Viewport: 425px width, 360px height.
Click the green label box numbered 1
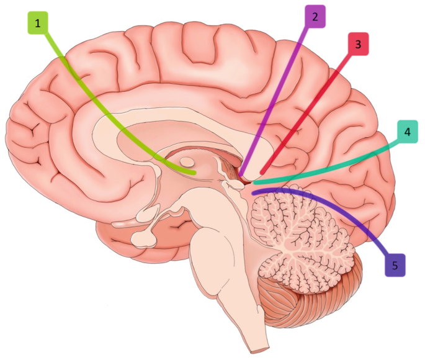[x=39, y=24]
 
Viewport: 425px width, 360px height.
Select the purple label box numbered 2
[x=315, y=17]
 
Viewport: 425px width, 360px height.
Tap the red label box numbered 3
[x=358, y=44]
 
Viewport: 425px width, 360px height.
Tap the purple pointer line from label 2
[x=279, y=93]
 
